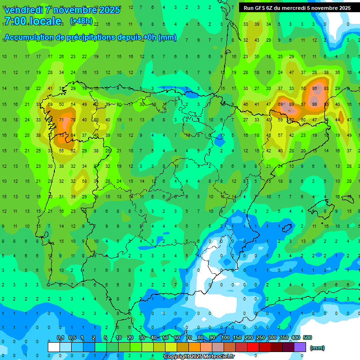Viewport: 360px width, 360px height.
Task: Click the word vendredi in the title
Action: click(24, 10)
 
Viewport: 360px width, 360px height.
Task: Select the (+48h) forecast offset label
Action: click(81, 21)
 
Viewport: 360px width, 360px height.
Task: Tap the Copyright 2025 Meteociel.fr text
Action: click(198, 356)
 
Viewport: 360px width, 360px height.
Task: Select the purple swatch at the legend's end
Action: click(300, 347)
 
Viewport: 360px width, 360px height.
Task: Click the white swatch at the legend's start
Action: click(54, 347)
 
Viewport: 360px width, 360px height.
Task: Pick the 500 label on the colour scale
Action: click(307, 337)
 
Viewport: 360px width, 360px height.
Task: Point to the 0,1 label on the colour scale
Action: click(60, 337)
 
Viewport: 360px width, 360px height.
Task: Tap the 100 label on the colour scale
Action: click(225, 337)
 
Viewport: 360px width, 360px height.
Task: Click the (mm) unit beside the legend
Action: click(317, 348)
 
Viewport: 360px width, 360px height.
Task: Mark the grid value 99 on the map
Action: click(315, 104)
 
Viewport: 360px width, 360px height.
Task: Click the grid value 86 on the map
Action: click(315, 88)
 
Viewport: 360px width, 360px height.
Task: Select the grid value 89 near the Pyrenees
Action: click(292, 104)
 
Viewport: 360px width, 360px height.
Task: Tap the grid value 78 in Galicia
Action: click(73, 120)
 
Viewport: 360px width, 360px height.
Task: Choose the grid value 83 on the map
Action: click(326, 88)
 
